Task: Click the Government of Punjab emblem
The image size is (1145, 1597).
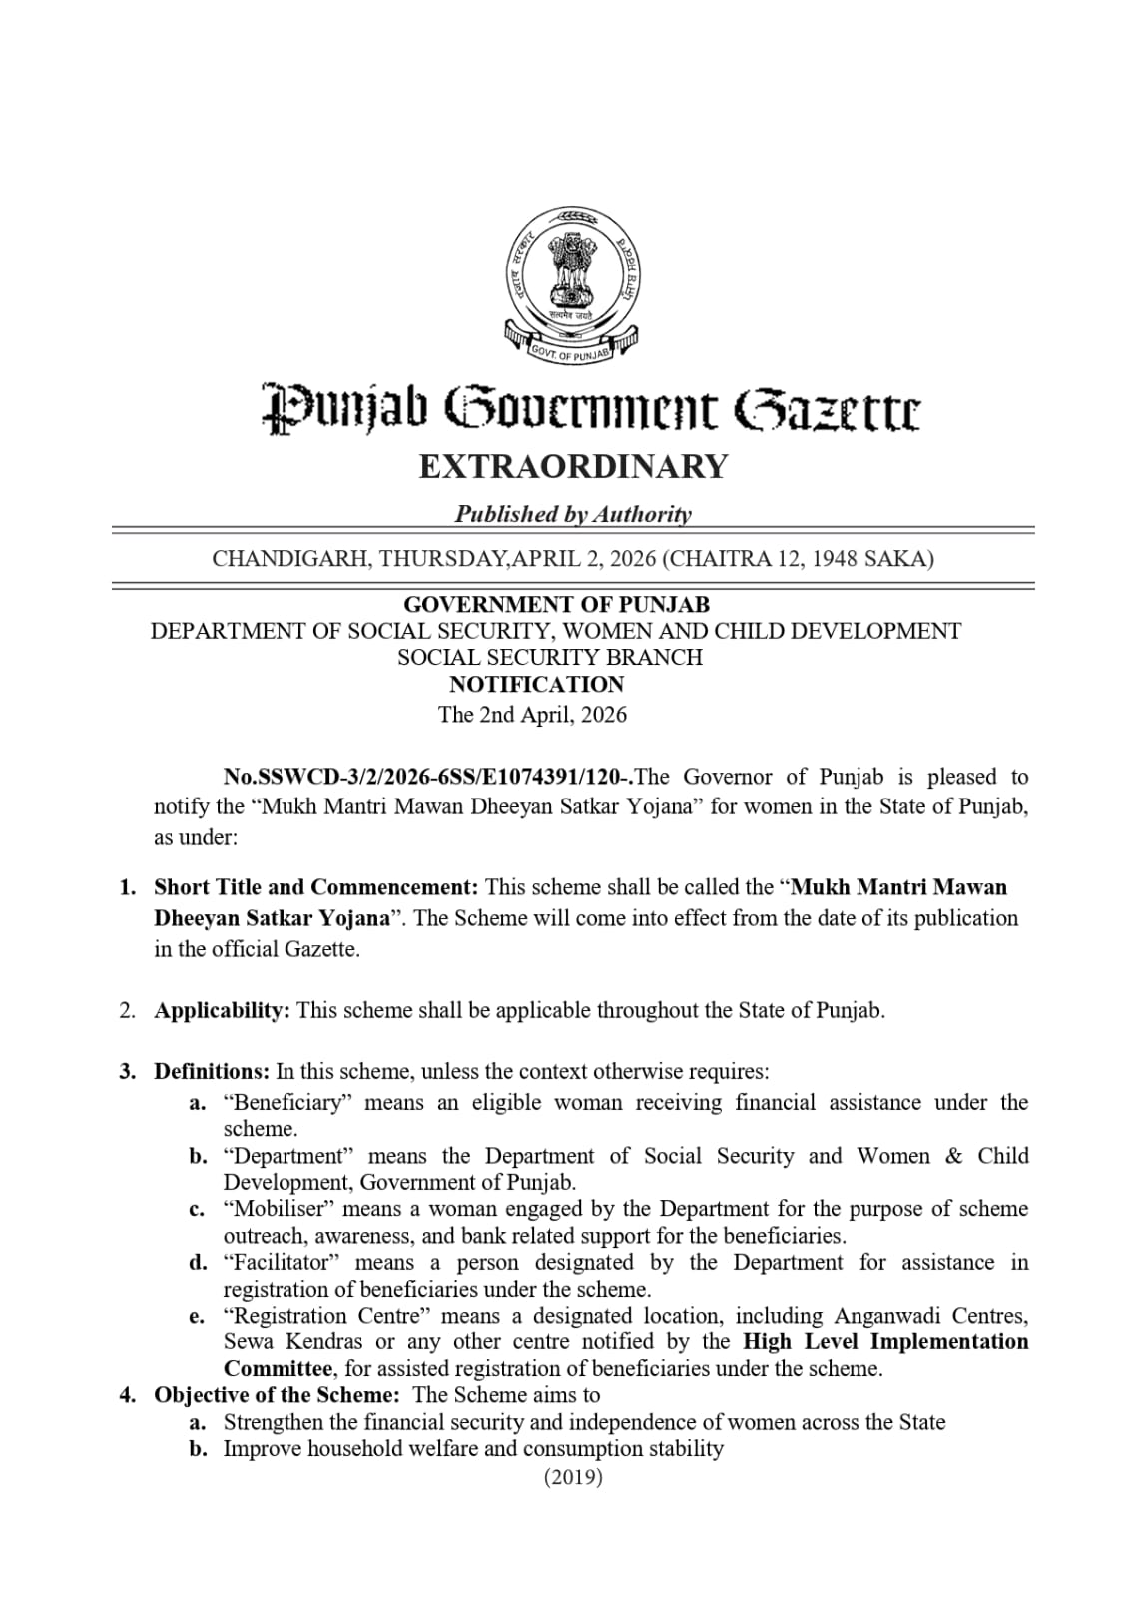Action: pos(572,283)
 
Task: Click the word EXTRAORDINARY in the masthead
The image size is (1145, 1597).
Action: pos(573,466)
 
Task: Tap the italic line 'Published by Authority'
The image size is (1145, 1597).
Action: pos(573,514)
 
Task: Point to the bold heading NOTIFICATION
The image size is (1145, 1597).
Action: pos(536,685)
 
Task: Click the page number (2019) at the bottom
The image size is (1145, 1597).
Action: pos(573,1477)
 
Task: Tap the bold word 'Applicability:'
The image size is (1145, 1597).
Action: pos(222,1010)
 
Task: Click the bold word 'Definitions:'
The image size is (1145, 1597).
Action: pos(212,1072)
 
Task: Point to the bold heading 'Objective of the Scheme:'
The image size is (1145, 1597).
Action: pos(277,1395)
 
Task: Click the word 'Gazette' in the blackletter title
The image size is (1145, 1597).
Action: pos(828,409)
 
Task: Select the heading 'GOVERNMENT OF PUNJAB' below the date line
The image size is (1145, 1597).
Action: pos(556,605)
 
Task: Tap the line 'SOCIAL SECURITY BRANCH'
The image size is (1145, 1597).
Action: pos(550,658)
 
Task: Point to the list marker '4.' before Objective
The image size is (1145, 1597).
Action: pos(128,1395)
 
